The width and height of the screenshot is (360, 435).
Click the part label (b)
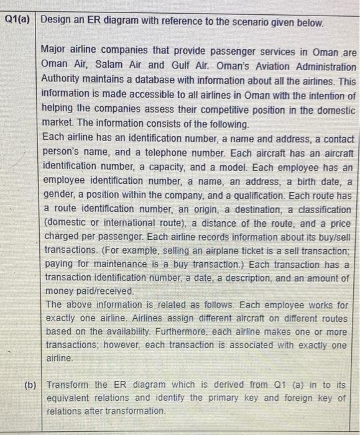(x=29, y=384)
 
